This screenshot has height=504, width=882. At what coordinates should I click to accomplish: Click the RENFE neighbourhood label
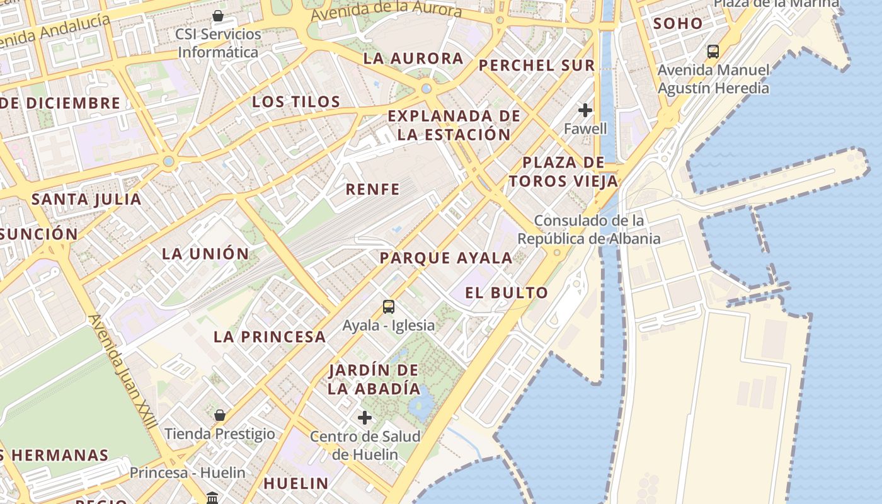click(372, 189)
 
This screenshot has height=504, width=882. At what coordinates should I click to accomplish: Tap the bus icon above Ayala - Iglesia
click(389, 307)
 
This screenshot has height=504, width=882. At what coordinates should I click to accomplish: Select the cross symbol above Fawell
click(585, 110)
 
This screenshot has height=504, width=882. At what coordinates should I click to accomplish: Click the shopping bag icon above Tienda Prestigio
click(220, 415)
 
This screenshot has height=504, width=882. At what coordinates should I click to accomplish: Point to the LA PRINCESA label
click(270, 336)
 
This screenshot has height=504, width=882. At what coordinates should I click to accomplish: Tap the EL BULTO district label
click(507, 293)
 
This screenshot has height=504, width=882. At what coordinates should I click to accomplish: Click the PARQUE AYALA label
click(446, 258)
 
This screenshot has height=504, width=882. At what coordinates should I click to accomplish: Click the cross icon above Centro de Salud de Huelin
click(365, 418)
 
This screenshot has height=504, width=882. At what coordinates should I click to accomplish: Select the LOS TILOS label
click(296, 101)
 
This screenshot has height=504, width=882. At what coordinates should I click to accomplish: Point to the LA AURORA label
click(413, 59)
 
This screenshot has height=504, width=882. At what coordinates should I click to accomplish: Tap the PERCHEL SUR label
click(537, 66)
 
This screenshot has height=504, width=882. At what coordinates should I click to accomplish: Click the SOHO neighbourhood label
click(677, 24)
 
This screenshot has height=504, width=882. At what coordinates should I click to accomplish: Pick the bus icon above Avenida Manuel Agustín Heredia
click(713, 52)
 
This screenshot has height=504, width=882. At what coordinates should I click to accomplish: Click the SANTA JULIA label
click(86, 200)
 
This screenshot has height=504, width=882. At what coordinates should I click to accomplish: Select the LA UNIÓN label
click(205, 254)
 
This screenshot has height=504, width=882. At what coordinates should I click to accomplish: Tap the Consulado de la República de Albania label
click(588, 230)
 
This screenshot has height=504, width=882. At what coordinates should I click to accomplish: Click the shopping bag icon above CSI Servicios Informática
click(218, 16)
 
